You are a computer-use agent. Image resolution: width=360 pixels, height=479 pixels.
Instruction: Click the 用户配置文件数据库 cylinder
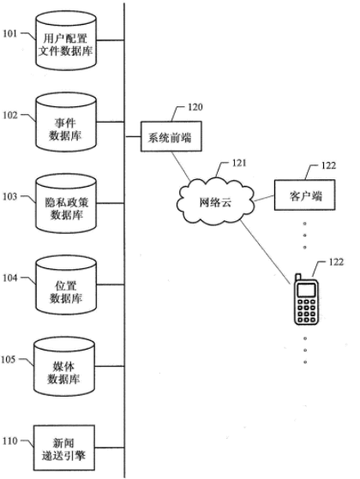tap(66, 40)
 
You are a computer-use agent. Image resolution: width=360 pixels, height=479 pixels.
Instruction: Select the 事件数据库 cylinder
tap(66, 123)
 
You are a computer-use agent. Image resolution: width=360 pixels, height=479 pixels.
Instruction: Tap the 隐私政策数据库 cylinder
tap(66, 203)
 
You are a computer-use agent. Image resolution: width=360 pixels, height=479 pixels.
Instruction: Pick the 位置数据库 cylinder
tap(66, 285)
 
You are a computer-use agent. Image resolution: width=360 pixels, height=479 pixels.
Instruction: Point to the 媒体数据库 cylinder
tap(64, 366)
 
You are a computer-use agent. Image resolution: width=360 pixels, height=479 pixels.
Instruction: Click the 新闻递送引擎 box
tap(64, 448)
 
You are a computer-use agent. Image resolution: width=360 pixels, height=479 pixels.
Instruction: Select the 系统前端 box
tap(171, 136)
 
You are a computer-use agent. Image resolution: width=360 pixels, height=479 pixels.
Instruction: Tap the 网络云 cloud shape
tap(215, 202)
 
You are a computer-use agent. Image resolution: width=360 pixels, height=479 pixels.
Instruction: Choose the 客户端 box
tap(304, 195)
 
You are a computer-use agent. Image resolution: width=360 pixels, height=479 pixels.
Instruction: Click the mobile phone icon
tap(306, 299)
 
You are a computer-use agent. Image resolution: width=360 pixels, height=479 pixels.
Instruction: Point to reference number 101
tap(9, 33)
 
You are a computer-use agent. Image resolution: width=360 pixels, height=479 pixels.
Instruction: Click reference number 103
tap(9, 196)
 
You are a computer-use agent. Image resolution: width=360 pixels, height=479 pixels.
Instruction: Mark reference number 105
tap(9, 360)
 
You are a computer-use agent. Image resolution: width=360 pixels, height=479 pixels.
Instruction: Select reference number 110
tap(9, 441)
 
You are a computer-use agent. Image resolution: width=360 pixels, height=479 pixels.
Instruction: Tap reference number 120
tap(195, 107)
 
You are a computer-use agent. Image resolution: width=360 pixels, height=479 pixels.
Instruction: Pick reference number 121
tap(239, 163)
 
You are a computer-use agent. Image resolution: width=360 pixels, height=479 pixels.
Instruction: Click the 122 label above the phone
tap(336, 262)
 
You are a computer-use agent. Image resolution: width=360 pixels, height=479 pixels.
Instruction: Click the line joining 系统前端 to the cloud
tap(181, 166)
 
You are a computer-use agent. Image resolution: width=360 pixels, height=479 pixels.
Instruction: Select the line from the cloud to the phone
tap(265, 251)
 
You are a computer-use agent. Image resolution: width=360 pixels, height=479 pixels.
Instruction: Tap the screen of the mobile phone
tap(306, 290)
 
